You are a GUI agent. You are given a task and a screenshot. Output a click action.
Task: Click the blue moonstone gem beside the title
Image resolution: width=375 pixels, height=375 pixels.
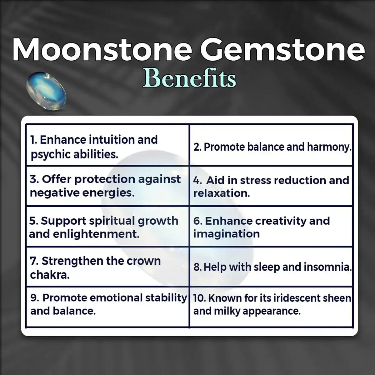pos(46,91)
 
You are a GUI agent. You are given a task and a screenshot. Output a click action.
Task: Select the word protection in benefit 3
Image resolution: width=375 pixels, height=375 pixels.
pos(105,179)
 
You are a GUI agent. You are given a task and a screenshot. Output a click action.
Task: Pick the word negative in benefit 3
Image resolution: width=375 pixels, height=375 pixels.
pos(54,193)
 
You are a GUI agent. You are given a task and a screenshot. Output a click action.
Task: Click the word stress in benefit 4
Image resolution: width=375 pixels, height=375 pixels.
pos(255,180)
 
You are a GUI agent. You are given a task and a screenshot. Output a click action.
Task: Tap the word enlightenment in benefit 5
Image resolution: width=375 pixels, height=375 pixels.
pos(96,234)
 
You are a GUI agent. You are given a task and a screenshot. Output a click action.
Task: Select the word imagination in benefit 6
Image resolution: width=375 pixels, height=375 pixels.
pos(227,234)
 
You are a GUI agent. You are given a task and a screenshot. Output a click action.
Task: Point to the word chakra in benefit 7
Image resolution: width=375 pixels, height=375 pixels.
pos(50,275)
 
